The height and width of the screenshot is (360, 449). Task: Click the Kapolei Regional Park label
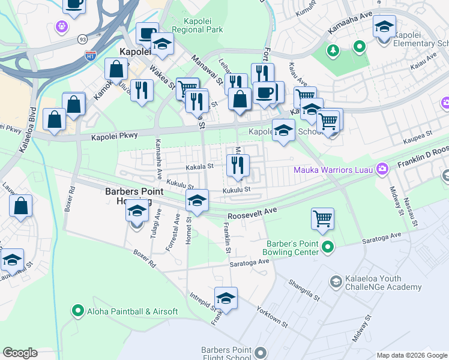[x=197, y=25]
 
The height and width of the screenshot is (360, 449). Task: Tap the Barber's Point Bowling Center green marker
[x=328, y=247]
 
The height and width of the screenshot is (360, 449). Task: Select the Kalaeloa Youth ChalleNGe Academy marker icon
[x=336, y=281]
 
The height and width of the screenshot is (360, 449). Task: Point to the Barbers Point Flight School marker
[x=260, y=353]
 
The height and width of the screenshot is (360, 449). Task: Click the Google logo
[x=20, y=353]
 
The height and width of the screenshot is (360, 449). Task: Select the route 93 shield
[x=81, y=38]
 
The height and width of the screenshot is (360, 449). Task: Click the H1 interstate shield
[x=91, y=56]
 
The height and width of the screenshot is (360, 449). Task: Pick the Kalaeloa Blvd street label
[x=28, y=130]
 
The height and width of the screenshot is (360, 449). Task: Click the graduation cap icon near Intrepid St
[x=226, y=298]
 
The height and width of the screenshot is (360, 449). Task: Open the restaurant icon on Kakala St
[x=238, y=164]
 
